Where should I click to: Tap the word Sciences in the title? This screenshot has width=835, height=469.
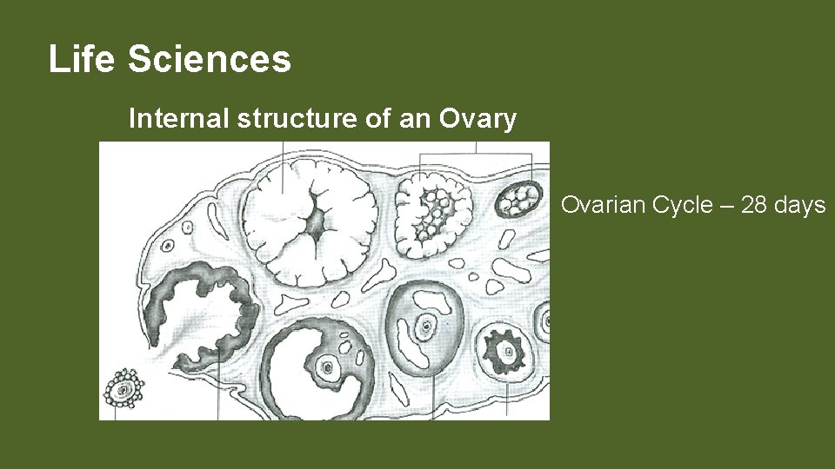pyautogui.click(x=209, y=60)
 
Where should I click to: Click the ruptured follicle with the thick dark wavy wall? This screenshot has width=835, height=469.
pyautogui.click(x=204, y=304)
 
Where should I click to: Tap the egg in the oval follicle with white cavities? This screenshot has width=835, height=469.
pyautogui.click(x=426, y=328)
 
